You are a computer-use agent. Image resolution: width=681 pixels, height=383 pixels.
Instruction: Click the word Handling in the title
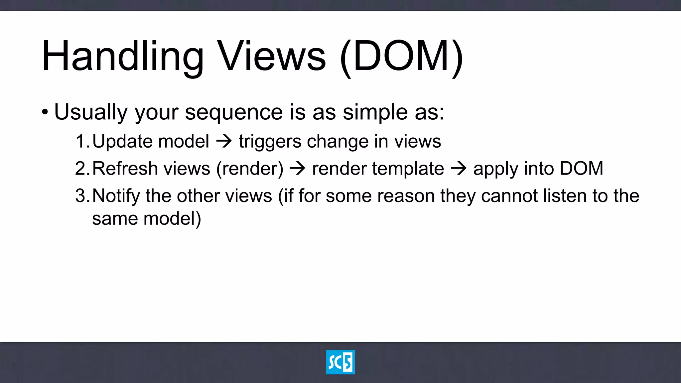click(x=122, y=57)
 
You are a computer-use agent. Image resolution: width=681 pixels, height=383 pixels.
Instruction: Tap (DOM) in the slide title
click(x=402, y=57)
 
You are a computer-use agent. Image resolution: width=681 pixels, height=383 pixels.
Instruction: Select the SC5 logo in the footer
click(x=340, y=362)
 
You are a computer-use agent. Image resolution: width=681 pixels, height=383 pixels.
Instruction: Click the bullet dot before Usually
click(x=45, y=112)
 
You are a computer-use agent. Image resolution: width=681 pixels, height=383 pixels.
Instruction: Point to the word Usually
click(x=91, y=112)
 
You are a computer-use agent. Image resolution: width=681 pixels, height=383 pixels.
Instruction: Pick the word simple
click(x=375, y=112)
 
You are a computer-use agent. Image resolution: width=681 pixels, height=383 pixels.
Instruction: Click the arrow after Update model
click(x=224, y=141)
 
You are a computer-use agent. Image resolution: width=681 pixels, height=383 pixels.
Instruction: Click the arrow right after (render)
click(x=298, y=169)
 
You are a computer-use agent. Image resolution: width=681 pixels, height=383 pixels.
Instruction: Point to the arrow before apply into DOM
click(x=459, y=169)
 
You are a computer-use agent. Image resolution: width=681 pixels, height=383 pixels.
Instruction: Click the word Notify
click(x=116, y=196)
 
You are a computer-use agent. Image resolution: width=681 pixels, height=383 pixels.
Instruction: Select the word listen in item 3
click(x=565, y=196)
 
